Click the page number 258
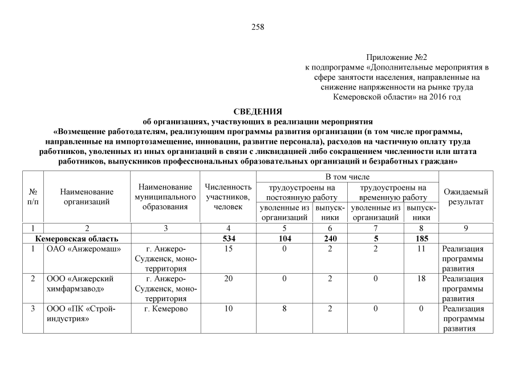[258, 27]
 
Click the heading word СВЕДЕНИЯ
[258, 112]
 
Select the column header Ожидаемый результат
[465, 197]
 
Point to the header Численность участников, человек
[228, 197]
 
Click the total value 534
[228, 238]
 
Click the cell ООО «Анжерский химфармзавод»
[80, 283]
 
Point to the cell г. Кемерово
[165, 309]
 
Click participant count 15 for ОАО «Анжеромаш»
[228, 249]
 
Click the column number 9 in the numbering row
[465, 228]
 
